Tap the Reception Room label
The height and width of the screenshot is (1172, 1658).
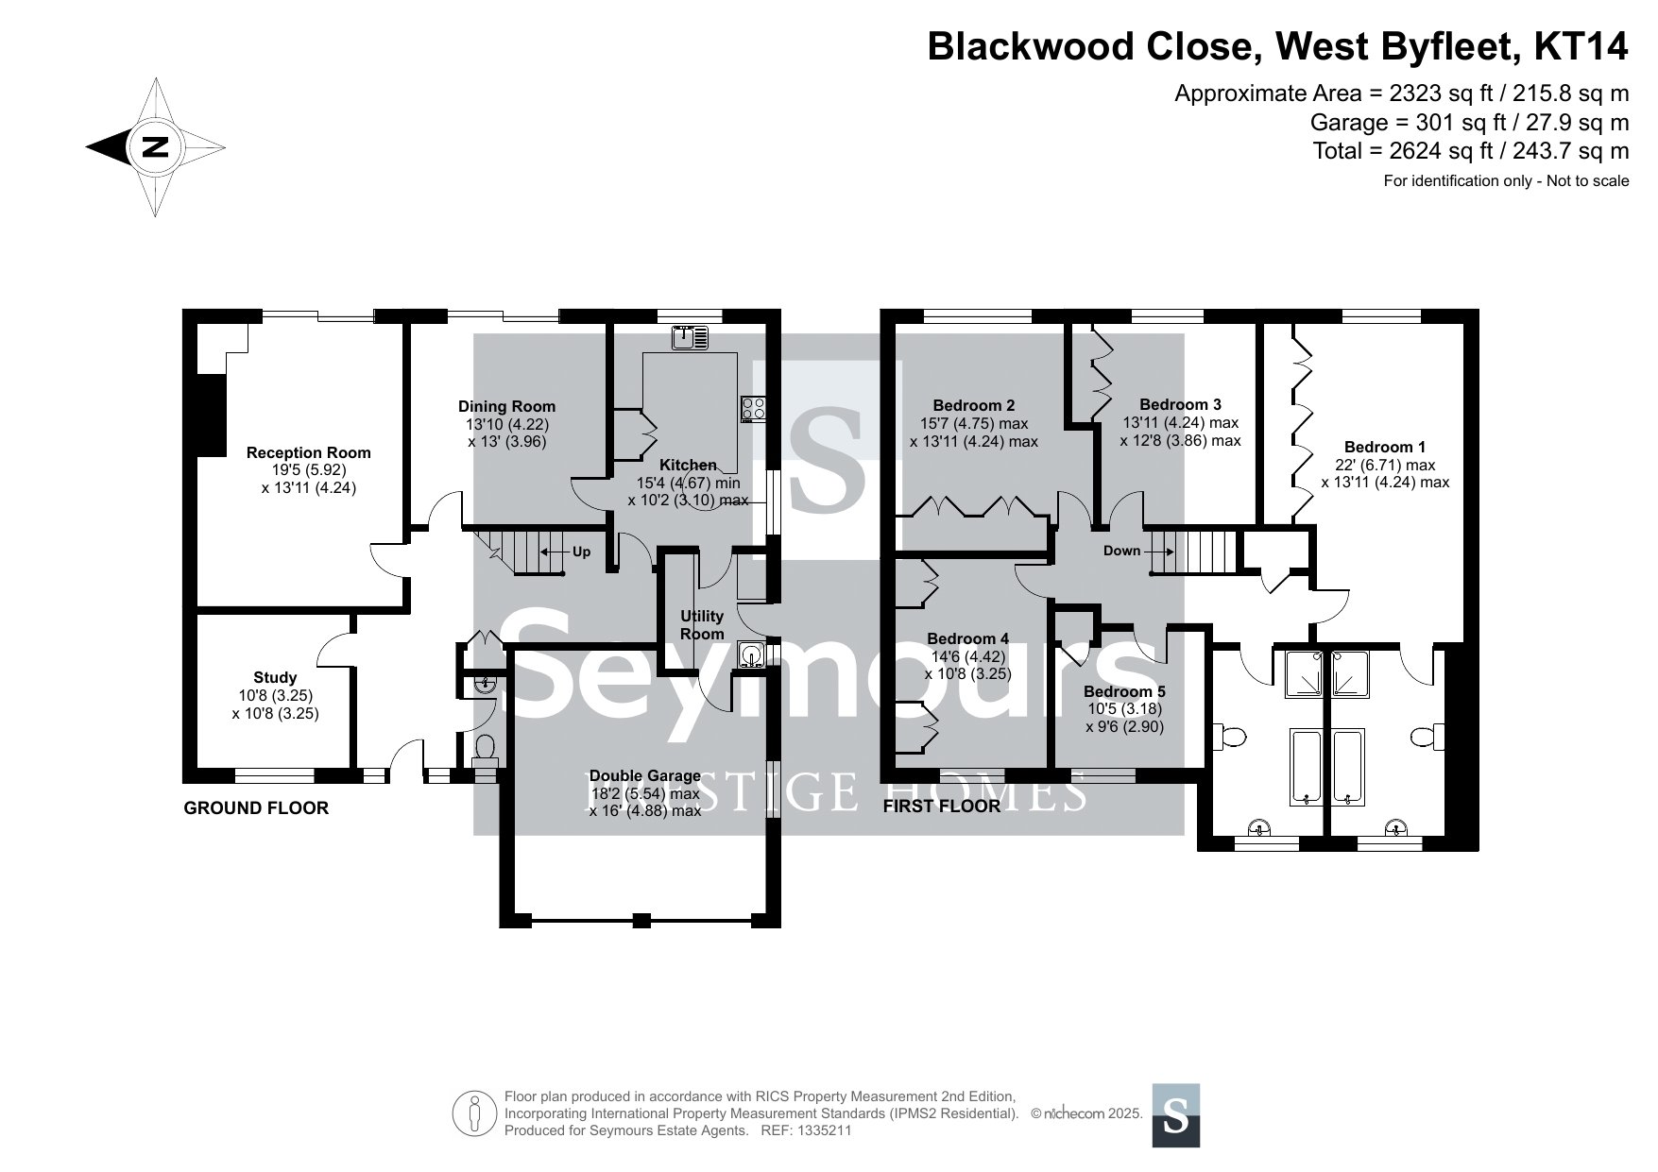click(308, 452)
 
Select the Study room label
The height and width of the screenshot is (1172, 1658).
click(275, 677)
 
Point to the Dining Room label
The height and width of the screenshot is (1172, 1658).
click(507, 407)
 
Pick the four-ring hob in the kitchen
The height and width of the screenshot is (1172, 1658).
click(754, 408)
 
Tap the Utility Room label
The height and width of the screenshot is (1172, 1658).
click(702, 625)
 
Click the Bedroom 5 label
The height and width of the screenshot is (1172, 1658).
click(1124, 691)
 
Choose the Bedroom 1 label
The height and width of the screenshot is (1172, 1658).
click(1385, 447)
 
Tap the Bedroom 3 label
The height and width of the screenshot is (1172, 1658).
click(1180, 404)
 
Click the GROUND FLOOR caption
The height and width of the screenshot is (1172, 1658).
click(256, 808)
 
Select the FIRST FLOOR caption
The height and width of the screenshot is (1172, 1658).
click(941, 807)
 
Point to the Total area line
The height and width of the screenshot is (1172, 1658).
click(1470, 151)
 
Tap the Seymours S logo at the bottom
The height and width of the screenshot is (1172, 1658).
click(1176, 1115)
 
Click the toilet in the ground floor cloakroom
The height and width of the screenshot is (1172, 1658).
click(486, 749)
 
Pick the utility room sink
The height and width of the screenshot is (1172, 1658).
click(752, 654)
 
